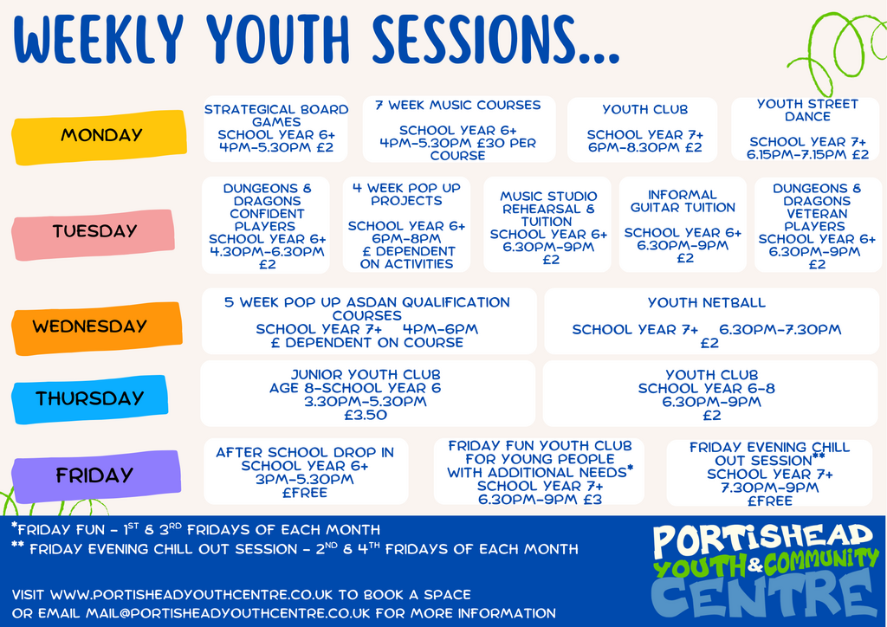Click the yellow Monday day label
click(x=99, y=136)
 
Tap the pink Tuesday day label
click(x=94, y=233)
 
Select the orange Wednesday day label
click(x=97, y=327)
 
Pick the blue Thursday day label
click(x=89, y=398)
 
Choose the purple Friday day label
click(x=96, y=475)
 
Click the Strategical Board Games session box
click(x=276, y=129)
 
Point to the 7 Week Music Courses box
click(x=459, y=129)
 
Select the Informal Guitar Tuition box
click(x=683, y=224)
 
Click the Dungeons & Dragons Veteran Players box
click(x=818, y=224)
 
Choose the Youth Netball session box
click(x=712, y=321)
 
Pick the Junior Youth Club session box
click(x=367, y=393)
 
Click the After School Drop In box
click(x=306, y=471)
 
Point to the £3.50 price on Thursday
click(x=366, y=415)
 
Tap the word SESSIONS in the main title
click(x=495, y=40)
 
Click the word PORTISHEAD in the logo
click(x=762, y=541)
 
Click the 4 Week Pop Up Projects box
click(x=407, y=224)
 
